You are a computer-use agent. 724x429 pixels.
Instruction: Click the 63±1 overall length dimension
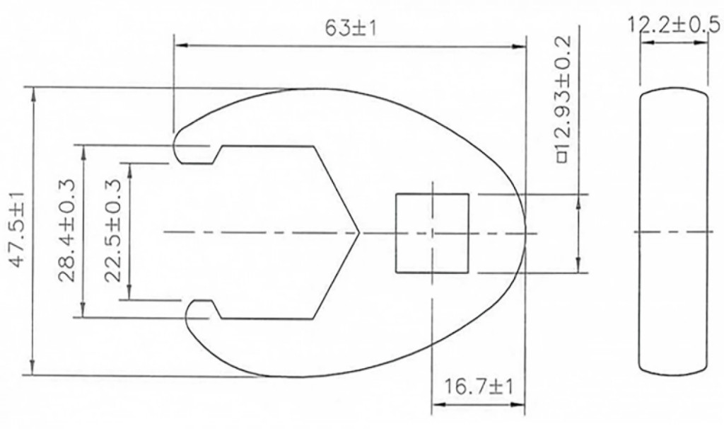click(x=351, y=29)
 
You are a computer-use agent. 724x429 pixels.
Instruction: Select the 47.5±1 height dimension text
click(x=19, y=230)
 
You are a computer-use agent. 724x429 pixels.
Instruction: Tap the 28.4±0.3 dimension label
click(x=67, y=230)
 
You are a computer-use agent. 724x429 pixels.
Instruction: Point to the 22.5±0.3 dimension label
click(x=113, y=230)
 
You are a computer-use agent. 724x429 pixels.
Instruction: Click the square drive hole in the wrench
click(x=432, y=233)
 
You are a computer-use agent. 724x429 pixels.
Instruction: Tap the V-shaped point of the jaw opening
click(x=358, y=231)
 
